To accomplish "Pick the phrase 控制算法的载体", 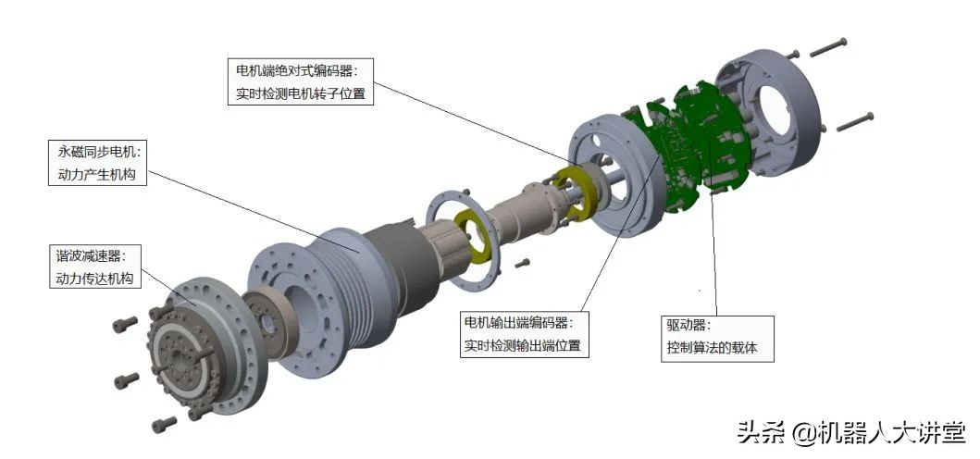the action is click(711, 347).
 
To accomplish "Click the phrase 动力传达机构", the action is click(94, 278).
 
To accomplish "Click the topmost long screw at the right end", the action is click(829, 47).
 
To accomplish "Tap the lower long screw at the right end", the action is click(855, 121).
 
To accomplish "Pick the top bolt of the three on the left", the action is click(125, 324).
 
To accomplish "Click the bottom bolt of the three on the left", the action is click(165, 425).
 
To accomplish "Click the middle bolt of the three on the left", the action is click(127, 379).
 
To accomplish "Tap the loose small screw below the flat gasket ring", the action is click(522, 263).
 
